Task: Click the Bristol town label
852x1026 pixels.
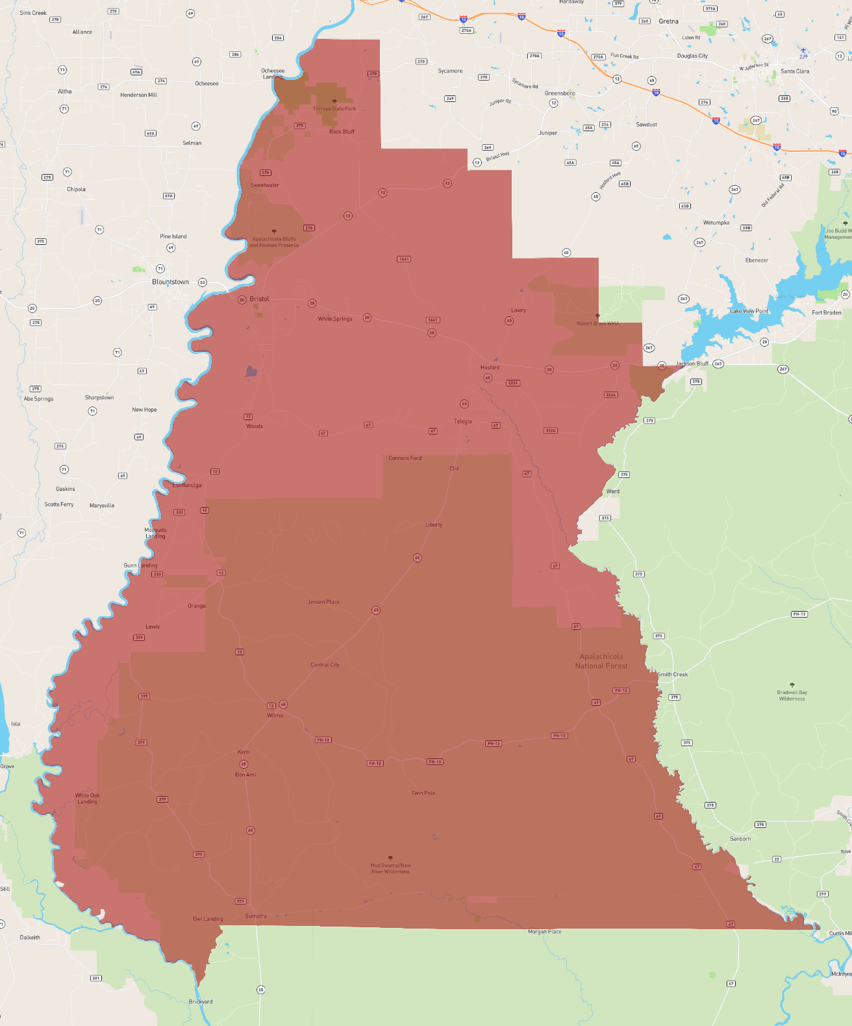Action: click(259, 299)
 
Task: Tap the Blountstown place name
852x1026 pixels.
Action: click(170, 282)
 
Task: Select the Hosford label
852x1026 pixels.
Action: click(490, 368)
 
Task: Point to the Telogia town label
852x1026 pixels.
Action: click(463, 421)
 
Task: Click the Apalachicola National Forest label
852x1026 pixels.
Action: click(601, 661)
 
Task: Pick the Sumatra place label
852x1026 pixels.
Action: click(256, 916)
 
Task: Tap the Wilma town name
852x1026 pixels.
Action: click(275, 716)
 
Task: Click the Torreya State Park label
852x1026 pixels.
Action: click(334, 108)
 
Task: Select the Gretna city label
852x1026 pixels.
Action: click(668, 21)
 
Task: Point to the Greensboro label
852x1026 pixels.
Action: click(560, 94)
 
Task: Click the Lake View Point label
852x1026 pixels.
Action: click(749, 311)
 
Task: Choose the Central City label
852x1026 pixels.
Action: click(325, 665)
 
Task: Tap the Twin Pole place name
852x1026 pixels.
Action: click(423, 793)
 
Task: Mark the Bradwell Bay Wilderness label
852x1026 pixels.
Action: click(792, 695)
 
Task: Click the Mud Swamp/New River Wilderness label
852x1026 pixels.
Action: click(390, 868)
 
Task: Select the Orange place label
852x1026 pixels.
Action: click(197, 606)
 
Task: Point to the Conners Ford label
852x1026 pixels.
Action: click(405, 458)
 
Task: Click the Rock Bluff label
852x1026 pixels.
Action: click(342, 132)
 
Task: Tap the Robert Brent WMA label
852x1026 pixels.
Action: click(597, 323)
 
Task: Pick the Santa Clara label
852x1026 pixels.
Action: click(795, 71)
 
